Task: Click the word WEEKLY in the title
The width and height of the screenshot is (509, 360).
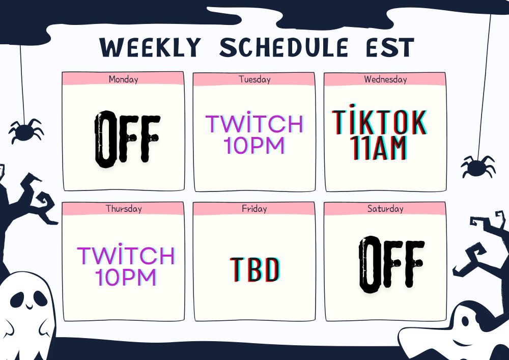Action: click(150, 47)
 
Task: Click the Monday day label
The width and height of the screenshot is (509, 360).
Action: click(123, 79)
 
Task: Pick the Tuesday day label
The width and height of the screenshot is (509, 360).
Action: click(254, 79)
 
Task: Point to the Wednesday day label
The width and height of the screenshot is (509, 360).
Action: click(385, 79)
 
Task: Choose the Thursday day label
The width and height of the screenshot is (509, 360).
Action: click(124, 208)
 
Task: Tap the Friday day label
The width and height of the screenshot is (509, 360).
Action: click(254, 208)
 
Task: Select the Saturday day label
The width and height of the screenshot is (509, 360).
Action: click(385, 208)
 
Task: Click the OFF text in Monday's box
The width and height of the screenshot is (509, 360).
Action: click(127, 140)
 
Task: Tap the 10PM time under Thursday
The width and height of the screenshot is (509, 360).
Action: click(126, 277)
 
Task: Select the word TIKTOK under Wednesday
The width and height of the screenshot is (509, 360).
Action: click(379, 121)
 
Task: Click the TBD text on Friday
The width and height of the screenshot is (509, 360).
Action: click(255, 269)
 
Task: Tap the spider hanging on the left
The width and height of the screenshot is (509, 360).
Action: click(26, 130)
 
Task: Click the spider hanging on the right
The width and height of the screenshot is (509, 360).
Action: click(478, 167)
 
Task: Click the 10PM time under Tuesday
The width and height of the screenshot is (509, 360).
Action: click(254, 145)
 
